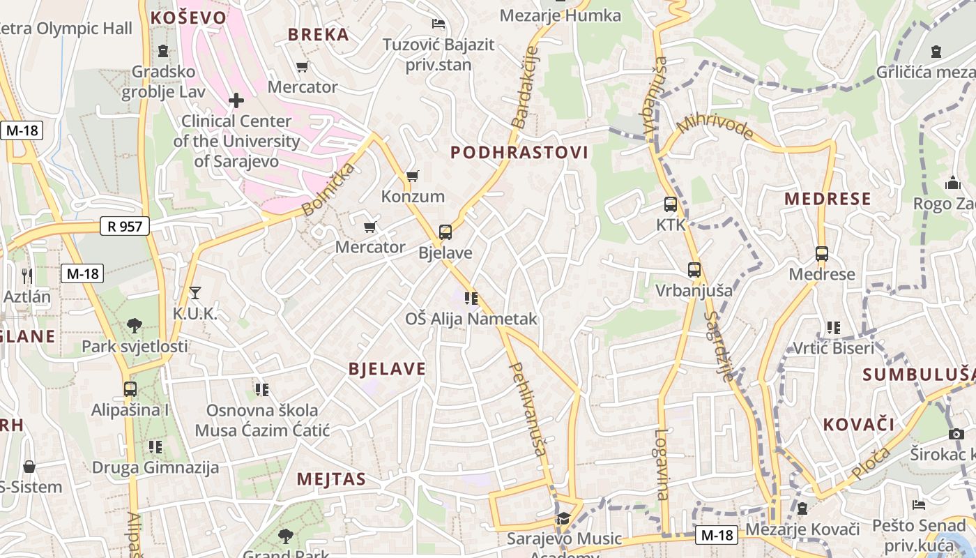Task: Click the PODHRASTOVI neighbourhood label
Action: click(x=519, y=152)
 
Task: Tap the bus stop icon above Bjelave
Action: click(x=445, y=232)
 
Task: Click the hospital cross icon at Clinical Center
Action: click(x=236, y=100)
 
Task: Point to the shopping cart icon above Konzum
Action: click(x=412, y=176)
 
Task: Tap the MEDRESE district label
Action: click(x=828, y=199)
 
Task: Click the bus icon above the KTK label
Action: click(x=671, y=204)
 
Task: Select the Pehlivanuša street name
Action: click(x=528, y=409)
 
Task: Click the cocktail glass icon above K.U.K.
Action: click(x=195, y=293)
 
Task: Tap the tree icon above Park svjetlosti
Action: click(x=135, y=325)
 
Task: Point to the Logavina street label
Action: click(x=662, y=464)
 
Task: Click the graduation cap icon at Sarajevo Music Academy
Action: click(x=563, y=518)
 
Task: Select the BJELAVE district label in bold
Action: click(x=387, y=369)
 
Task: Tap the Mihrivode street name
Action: click(x=715, y=126)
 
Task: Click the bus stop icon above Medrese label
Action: click(x=821, y=254)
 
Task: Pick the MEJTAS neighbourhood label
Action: click(x=331, y=479)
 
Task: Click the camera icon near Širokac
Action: click(x=956, y=434)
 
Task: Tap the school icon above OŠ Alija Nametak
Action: click(x=471, y=299)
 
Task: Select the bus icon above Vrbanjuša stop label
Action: click(x=694, y=269)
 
